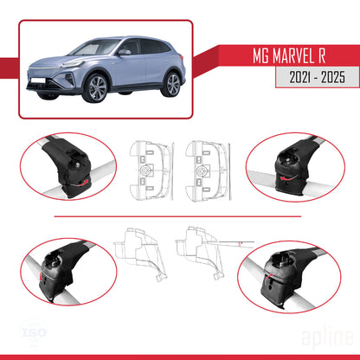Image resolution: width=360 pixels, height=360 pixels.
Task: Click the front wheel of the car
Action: pyautogui.click(x=95, y=87)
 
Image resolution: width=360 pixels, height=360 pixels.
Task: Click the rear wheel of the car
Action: pyautogui.click(x=172, y=85)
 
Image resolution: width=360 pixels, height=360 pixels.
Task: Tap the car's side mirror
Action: pyautogui.click(x=124, y=53)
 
